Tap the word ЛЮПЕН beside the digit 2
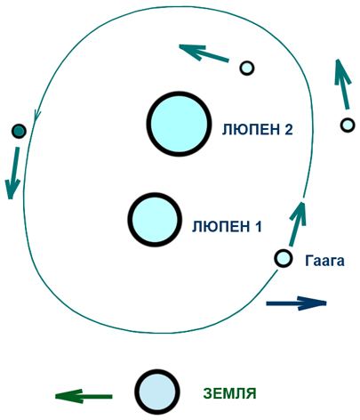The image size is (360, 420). [x=250, y=130]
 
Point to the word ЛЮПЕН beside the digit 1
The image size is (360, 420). [x=220, y=227]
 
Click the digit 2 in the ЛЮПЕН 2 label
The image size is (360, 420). [x=288, y=129]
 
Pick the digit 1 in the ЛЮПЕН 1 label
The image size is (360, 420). [x=258, y=226]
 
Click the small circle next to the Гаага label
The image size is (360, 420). [x=284, y=258]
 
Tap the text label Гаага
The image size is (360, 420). [x=324, y=261]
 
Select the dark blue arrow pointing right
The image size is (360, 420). [x=296, y=303]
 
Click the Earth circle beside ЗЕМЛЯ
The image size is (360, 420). [x=157, y=392]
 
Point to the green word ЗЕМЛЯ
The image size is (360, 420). [x=229, y=393]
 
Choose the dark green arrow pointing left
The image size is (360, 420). [x=84, y=396]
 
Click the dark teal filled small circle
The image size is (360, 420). [x=19, y=131]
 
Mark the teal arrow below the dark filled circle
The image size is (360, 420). [x=13, y=173]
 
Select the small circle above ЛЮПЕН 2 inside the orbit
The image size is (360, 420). [x=246, y=69]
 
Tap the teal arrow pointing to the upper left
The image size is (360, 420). [x=204, y=53]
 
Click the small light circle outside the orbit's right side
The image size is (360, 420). [x=348, y=125]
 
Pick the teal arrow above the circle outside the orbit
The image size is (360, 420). [x=342, y=84]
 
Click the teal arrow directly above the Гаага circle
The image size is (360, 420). [x=297, y=223]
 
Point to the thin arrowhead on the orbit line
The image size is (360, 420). [x=37, y=115]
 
